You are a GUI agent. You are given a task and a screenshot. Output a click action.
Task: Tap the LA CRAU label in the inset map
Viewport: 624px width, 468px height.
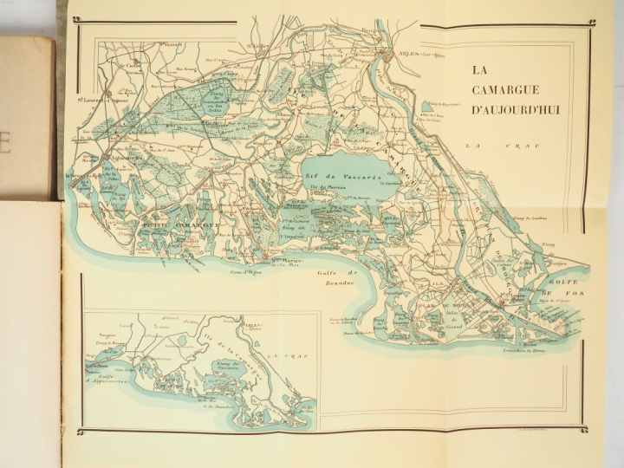282,355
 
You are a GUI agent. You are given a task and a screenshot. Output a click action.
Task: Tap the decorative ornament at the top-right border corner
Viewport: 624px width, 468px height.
592,23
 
